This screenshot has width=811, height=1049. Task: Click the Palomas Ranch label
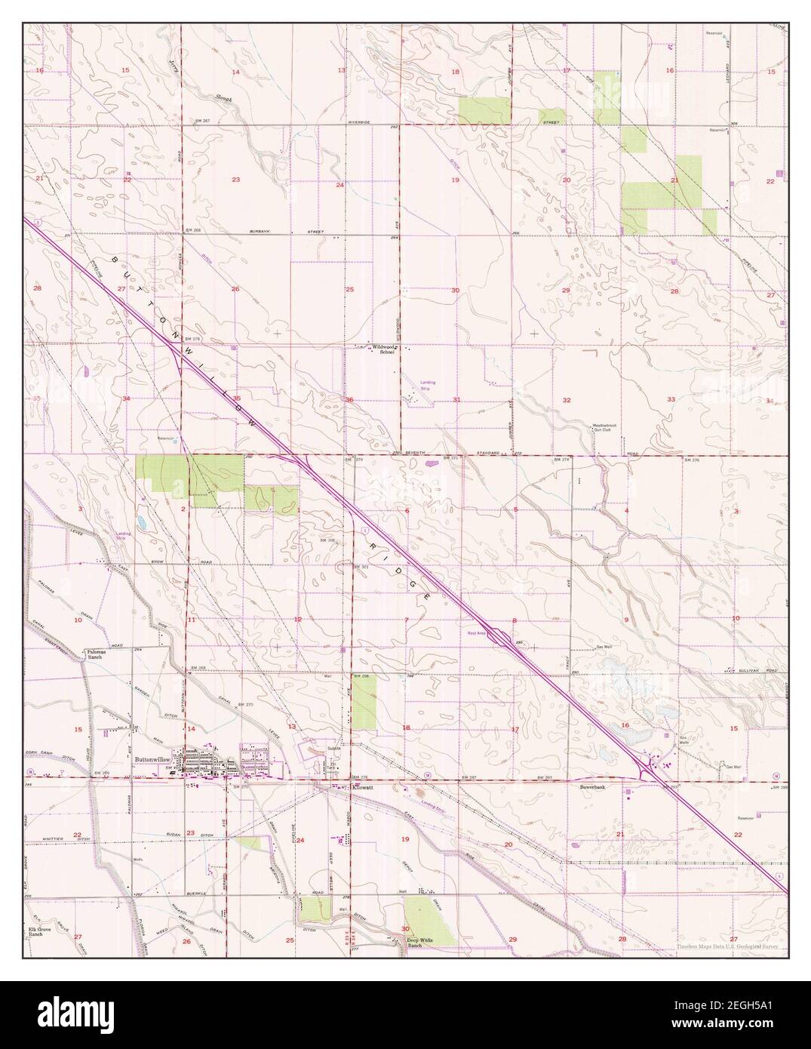94,654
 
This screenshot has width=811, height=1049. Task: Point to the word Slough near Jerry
223,98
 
